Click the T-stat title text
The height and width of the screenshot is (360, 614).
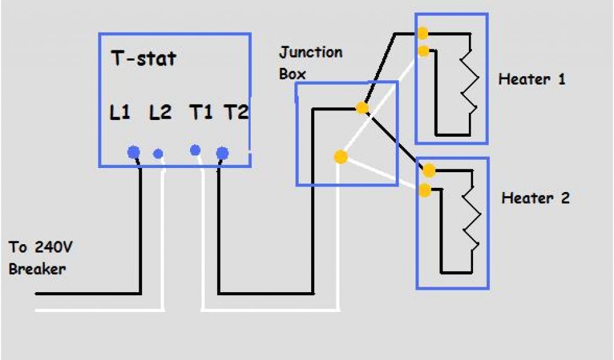[143, 59]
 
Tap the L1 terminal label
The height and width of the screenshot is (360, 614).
[120, 112]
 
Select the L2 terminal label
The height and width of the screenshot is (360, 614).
[159, 112]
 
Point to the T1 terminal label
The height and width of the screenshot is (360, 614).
[201, 112]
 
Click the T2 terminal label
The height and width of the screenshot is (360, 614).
[236, 112]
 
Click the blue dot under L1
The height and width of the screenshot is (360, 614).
[134, 152]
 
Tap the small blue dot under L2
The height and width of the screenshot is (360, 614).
[158, 154]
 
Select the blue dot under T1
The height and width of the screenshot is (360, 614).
[195, 149]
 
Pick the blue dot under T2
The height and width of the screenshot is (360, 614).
[222, 153]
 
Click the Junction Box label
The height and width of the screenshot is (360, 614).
[309, 62]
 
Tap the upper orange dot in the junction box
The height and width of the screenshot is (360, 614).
[362, 108]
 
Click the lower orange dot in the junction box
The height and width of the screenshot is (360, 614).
[341, 157]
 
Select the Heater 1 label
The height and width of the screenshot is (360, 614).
[532, 79]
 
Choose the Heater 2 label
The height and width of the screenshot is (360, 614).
[535, 197]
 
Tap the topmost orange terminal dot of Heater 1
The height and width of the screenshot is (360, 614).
[423, 32]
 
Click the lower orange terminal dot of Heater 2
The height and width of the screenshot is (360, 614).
[425, 191]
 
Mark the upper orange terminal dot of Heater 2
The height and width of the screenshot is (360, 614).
[429, 171]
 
